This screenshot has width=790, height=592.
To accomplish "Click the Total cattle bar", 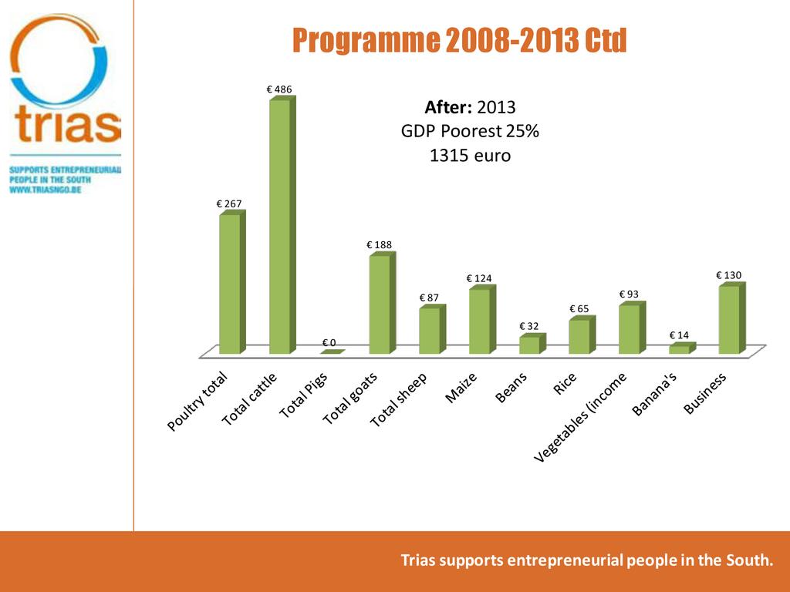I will click(x=280, y=227).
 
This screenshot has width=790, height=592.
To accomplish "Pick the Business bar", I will click(x=730, y=320).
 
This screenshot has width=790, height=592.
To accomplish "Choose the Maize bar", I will click(x=480, y=321).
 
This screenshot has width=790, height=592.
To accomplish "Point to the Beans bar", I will click(x=530, y=345).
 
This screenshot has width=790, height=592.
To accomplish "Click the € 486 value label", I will click(x=279, y=90).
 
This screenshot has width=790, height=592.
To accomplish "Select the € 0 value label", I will click(x=329, y=342).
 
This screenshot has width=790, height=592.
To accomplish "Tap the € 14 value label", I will click(x=679, y=335).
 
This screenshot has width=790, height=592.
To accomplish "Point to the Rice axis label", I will click(x=566, y=383).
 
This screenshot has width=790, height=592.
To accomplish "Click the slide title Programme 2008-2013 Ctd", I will click(x=459, y=41).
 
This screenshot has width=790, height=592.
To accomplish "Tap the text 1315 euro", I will click(x=470, y=156).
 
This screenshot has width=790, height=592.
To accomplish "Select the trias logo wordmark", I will click(x=67, y=126).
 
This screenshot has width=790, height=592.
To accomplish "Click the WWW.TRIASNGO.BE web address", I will click(x=46, y=189).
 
